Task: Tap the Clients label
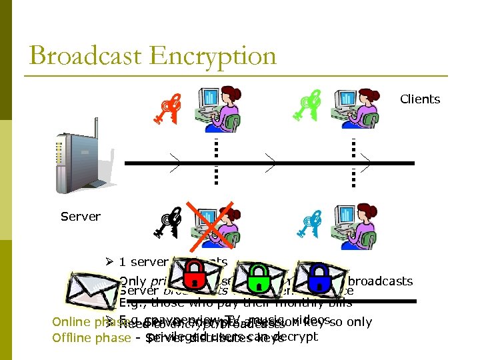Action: pos(420,99)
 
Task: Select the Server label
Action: pos(80,217)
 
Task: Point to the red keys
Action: pos(167,109)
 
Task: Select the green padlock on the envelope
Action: pos(257,280)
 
